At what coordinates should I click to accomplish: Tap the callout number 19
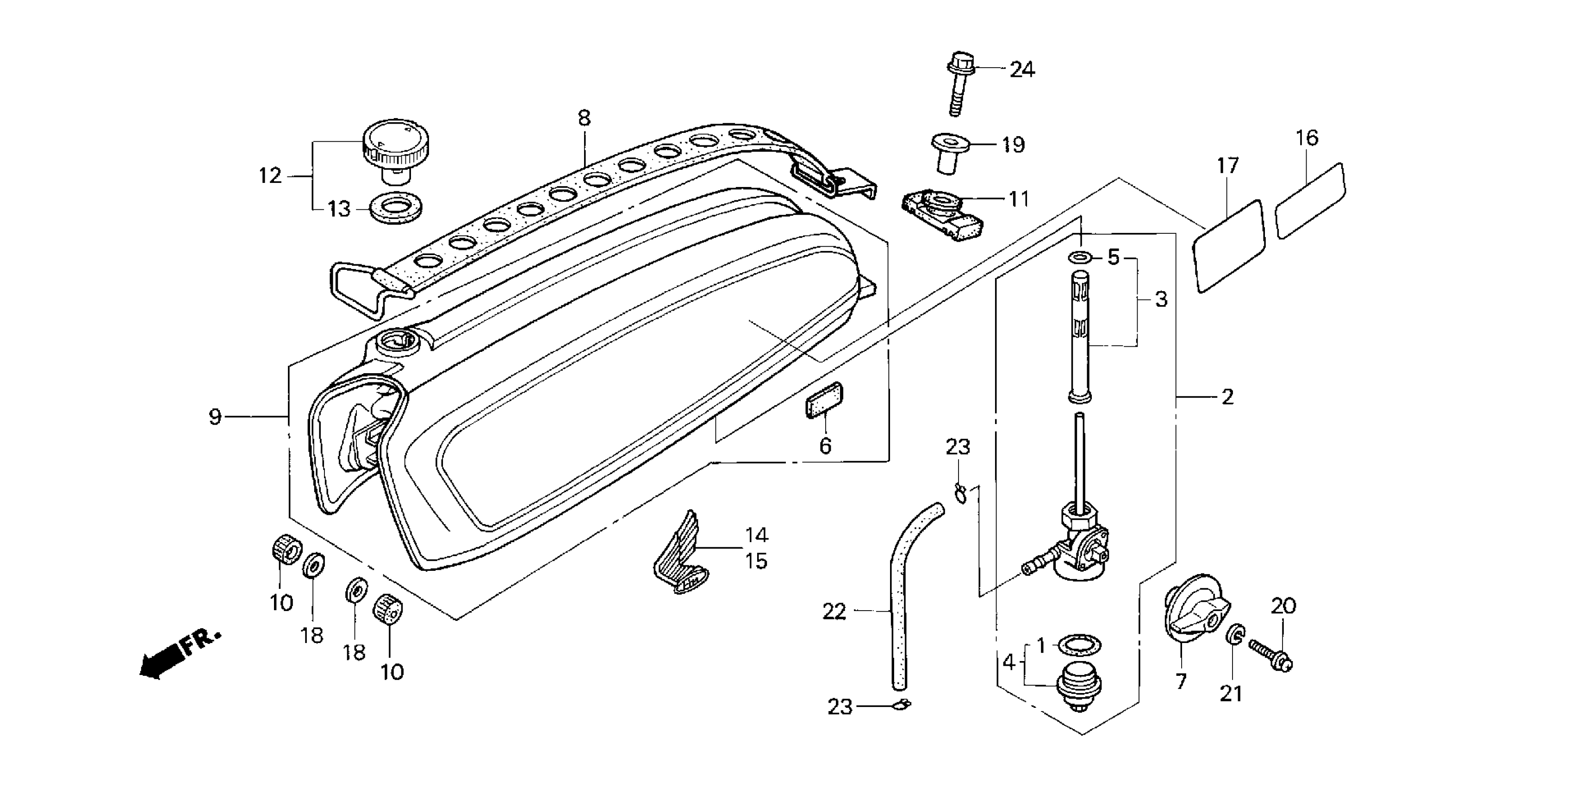point(1013,145)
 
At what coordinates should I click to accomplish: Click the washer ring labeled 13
point(396,208)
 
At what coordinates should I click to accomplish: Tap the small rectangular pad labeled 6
point(824,400)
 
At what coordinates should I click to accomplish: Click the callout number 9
point(215,417)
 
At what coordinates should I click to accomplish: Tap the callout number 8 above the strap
point(584,118)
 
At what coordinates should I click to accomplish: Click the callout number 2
point(1227,398)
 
